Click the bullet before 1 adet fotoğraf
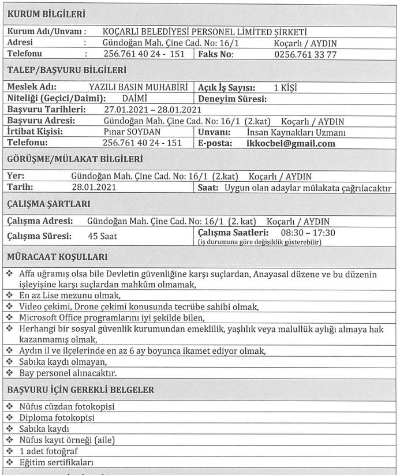pos(10,451)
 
